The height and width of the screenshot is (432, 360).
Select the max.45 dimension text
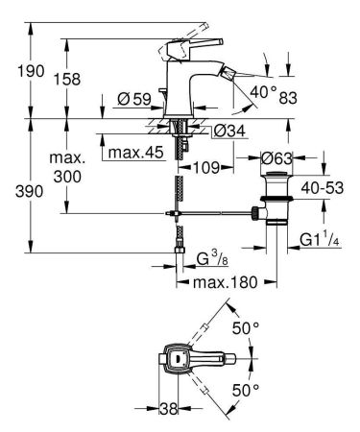pos(136,151)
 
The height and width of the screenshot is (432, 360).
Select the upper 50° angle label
pos(250,328)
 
